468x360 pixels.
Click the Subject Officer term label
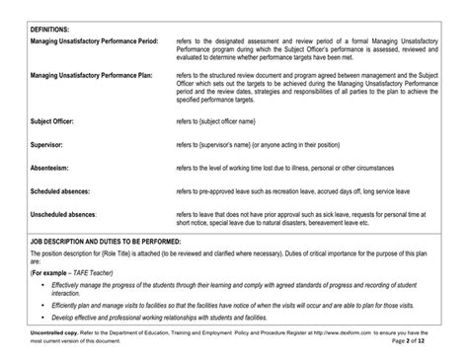[x=54, y=121]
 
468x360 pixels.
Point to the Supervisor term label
[x=49, y=144]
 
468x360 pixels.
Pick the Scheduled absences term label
[x=64, y=189]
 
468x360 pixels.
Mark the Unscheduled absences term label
[x=68, y=213]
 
